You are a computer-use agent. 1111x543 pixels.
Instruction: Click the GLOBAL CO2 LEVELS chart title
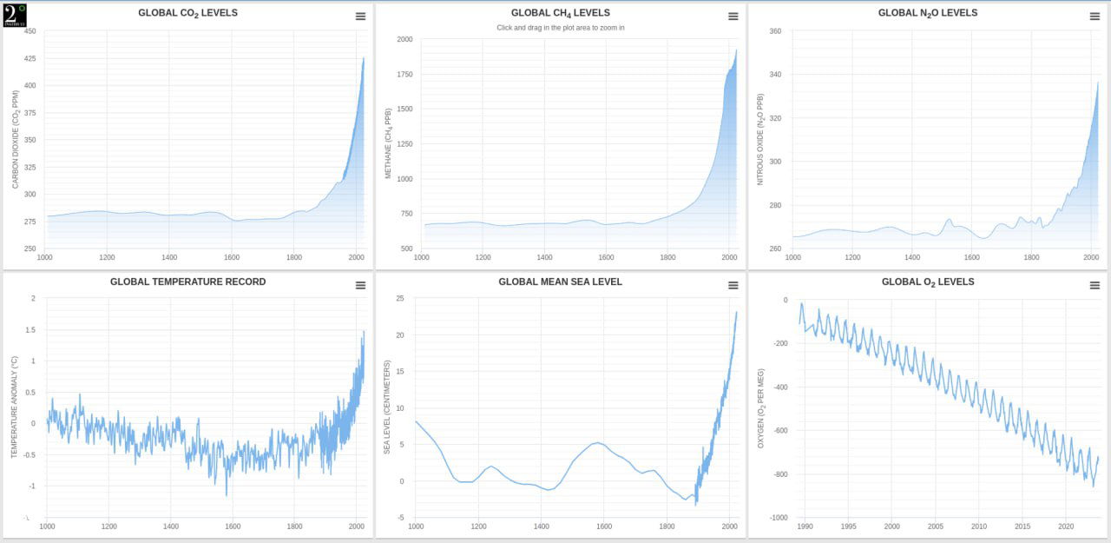(x=187, y=13)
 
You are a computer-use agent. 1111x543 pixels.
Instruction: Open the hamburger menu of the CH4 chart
(x=733, y=17)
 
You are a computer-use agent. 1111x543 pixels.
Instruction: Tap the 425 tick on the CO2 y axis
(x=30, y=58)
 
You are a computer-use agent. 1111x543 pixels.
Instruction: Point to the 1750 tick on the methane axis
(x=404, y=75)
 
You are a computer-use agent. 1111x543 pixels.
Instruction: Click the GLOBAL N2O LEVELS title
(x=927, y=13)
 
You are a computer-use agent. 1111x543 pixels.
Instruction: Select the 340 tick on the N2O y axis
(x=774, y=75)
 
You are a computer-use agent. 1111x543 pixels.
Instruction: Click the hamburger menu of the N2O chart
(x=1095, y=17)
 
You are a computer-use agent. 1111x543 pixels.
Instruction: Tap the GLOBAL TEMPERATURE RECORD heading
(x=187, y=282)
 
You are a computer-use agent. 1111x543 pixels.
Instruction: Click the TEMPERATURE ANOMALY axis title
(x=15, y=408)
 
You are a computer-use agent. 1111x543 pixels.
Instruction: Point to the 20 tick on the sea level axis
(x=399, y=335)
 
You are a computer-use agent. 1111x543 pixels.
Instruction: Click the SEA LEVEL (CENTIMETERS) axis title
(x=388, y=407)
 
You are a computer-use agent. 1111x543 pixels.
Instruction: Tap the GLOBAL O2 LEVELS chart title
(x=927, y=282)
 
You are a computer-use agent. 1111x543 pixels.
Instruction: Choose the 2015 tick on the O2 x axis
(x=1022, y=526)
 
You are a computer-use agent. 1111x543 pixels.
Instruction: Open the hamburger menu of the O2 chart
(x=1095, y=286)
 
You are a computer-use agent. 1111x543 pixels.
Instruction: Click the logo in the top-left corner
(x=15, y=14)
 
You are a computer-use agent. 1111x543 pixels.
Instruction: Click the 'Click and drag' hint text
(x=560, y=28)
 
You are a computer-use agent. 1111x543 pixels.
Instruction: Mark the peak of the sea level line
(x=736, y=312)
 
